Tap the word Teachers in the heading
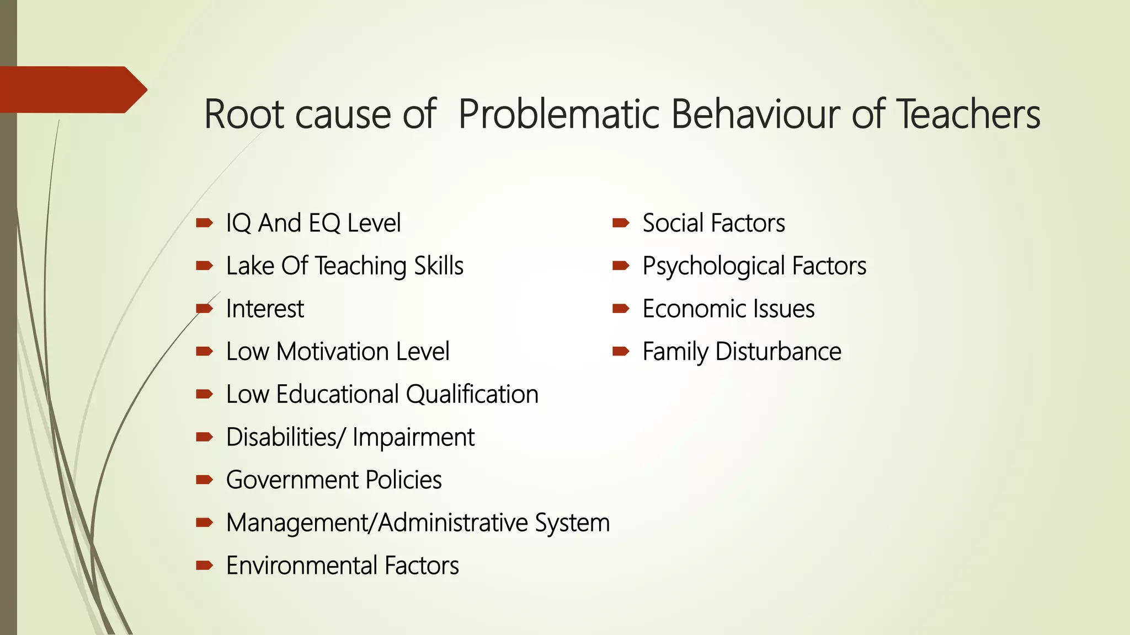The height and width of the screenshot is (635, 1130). pyautogui.click(x=968, y=115)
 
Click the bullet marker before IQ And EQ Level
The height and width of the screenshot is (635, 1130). pyautogui.click(x=204, y=223)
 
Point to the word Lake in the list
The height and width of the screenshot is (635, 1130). pyautogui.click(x=250, y=266)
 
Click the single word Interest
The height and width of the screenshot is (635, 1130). pyautogui.click(x=265, y=309)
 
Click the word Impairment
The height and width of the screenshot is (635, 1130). pyautogui.click(x=413, y=438)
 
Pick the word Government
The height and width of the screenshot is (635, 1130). pyautogui.click(x=292, y=480)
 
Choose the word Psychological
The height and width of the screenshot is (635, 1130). pyautogui.click(x=713, y=266)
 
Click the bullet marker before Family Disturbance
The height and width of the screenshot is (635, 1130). pyautogui.click(x=621, y=351)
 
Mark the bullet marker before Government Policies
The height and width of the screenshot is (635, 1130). pyautogui.click(x=204, y=480)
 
